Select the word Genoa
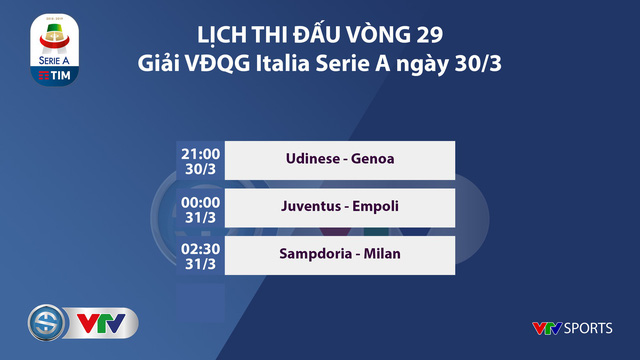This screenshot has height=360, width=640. coord(369,158)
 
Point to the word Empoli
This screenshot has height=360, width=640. coord(377,206)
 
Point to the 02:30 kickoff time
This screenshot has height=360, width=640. coord(199,245)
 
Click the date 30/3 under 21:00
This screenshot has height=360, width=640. coord(199,167)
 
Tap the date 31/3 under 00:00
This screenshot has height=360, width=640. coord(199,215)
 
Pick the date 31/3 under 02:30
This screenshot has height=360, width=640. coord(199,262)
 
